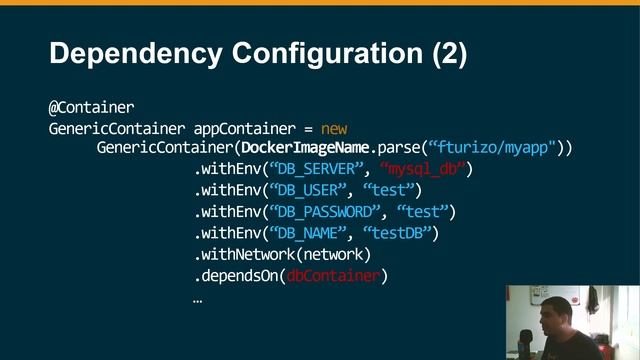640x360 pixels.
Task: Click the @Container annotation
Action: click(x=91, y=106)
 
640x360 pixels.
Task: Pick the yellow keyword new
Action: click(x=334, y=128)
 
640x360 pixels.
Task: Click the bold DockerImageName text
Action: click(x=305, y=148)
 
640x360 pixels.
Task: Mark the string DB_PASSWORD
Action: click(x=326, y=211)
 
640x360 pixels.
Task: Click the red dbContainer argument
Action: click(x=333, y=276)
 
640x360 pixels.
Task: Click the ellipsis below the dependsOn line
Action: click(x=198, y=298)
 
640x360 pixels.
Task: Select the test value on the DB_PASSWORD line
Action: click(x=425, y=211)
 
